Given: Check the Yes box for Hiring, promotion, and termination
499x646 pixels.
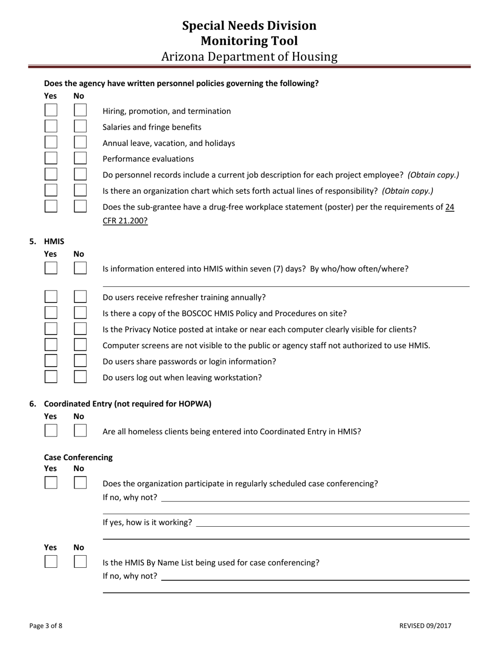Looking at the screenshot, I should pos(51,110).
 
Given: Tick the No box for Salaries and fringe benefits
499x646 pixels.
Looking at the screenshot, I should pos(80,127).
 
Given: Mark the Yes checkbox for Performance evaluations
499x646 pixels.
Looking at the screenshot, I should pos(51,158).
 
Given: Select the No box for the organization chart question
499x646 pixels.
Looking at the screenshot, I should pos(80,190).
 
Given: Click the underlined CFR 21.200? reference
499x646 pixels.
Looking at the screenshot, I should pos(125,221).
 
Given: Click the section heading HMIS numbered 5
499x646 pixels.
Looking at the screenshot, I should pos(54,242).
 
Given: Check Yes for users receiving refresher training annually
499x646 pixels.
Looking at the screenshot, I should pos(51,297).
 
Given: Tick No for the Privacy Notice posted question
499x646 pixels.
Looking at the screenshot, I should pos(80,329).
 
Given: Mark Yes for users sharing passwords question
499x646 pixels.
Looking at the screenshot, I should pos(51,361).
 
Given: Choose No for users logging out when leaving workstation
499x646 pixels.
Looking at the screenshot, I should pos(80,377).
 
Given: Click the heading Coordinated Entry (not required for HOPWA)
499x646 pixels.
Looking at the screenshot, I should pos(128,404).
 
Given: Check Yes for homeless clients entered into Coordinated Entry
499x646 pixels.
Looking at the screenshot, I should pos(51,431).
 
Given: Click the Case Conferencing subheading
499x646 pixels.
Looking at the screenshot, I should pos(78,457).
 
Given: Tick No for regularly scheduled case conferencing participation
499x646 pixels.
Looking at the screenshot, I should pos(80,483).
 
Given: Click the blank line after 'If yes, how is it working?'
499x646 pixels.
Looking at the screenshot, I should pos(332,523).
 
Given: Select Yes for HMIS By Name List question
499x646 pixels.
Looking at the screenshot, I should pos(51,561).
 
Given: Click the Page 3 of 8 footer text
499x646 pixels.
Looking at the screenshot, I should pos(46,626).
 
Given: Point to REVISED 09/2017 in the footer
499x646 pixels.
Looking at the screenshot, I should pos(425,626).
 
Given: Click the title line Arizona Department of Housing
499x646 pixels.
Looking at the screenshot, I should pos(249,57).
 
